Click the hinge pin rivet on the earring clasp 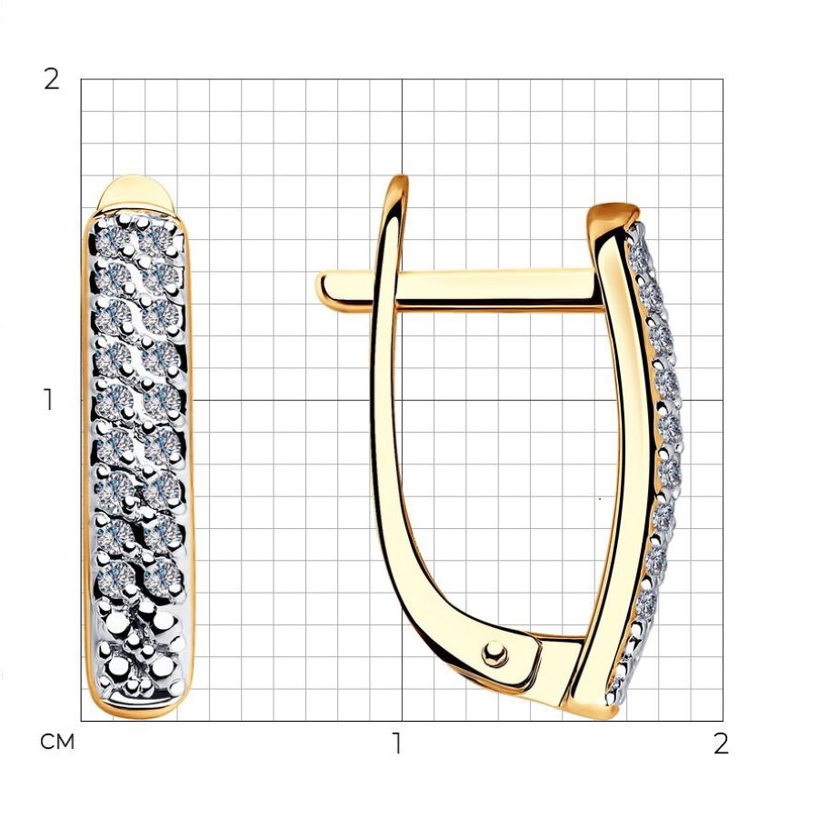[x=494, y=653]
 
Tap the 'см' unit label [x=57, y=742]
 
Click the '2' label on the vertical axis [x=51, y=80]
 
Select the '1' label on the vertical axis [x=49, y=400]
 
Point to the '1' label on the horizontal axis [x=397, y=743]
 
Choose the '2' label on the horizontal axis [x=721, y=743]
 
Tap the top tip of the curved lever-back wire [x=401, y=180]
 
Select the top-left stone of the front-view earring [x=111, y=239]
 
